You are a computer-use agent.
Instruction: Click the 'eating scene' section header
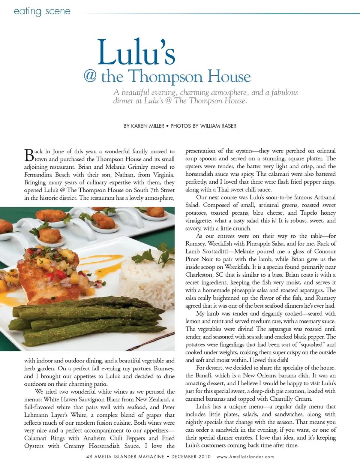[x=42, y=11]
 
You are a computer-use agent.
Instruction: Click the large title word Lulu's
[x=136, y=52]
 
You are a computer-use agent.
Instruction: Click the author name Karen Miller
[x=147, y=126]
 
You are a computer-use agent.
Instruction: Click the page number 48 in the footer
[x=89, y=457]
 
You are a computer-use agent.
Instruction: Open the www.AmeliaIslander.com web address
[x=245, y=457]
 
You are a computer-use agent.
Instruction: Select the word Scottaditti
[x=218, y=251]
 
